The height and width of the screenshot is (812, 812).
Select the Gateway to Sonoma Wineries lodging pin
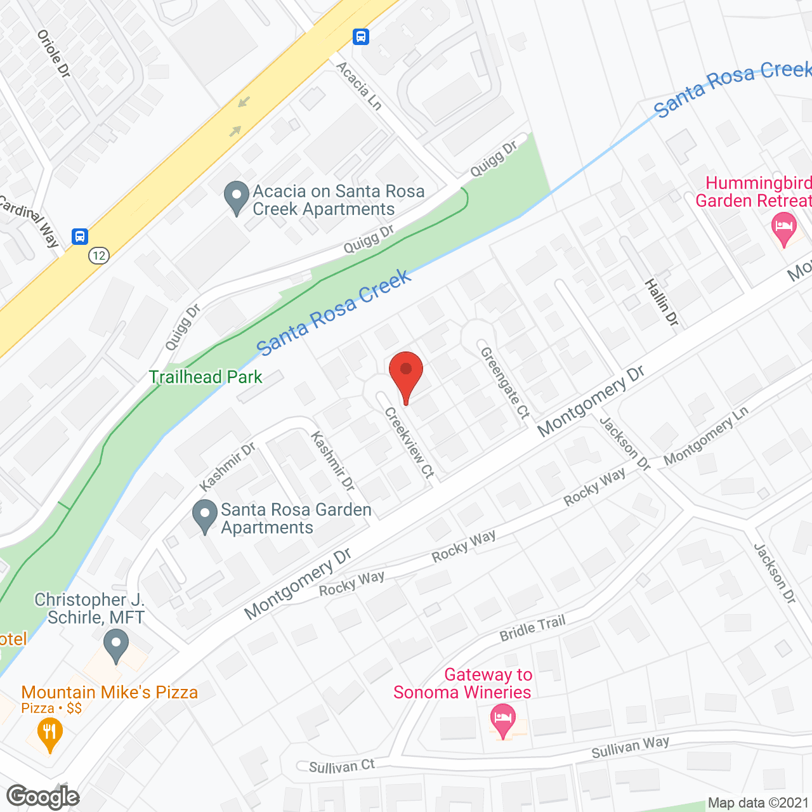coord(503,721)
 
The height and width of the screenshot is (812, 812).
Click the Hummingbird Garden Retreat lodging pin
coord(784,228)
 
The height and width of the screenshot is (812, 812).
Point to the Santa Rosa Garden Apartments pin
coord(204,516)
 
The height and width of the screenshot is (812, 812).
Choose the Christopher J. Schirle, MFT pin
coord(116,645)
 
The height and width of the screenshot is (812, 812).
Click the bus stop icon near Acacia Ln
coord(361,37)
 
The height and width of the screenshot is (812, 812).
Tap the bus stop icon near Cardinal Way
coord(80,237)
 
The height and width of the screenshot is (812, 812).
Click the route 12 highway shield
coord(98,256)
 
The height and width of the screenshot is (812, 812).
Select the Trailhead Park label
coord(206,377)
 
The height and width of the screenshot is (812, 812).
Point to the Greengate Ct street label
coord(505,383)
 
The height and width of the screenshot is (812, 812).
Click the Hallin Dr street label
coord(662,303)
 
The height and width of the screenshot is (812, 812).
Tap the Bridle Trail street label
coord(532,628)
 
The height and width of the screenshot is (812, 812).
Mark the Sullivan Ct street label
coord(342,766)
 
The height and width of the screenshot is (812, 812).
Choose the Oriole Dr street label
coord(54,54)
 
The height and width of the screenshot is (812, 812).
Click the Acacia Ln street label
coord(358,86)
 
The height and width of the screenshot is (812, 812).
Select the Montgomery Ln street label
coord(706,436)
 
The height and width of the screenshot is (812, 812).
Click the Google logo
coord(43,797)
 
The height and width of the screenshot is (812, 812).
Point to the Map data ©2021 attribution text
coord(759,803)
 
